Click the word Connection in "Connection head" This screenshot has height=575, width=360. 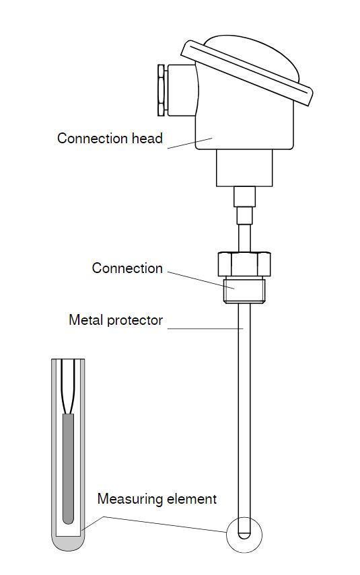tap(87, 139)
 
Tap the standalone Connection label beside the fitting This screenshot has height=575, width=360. tap(127, 268)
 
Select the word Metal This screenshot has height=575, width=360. tap(85, 319)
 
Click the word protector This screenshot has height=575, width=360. tap(135, 320)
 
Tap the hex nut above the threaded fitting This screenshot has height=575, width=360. tap(244, 264)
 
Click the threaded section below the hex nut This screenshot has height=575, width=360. tap(244, 290)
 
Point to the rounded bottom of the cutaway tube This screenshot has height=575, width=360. tap(68, 543)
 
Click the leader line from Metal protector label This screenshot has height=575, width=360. tap(205, 328)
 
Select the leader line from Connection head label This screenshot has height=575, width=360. tap(190, 143)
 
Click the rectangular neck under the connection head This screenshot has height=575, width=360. tap(244, 167)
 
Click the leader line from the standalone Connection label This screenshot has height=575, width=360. tap(201, 280)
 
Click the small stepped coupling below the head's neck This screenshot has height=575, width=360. tap(245, 205)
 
